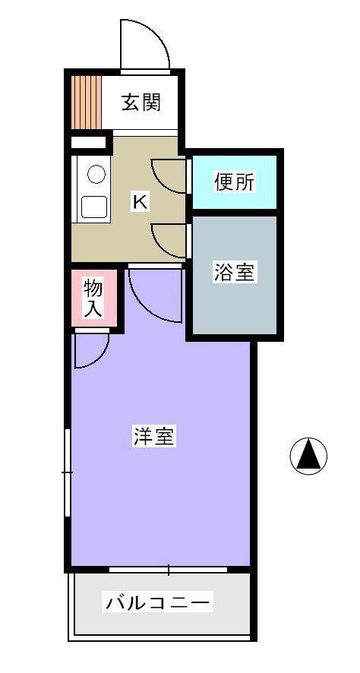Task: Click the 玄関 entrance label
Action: point(141,103)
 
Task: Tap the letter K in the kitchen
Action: point(140,201)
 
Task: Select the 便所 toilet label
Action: point(234,182)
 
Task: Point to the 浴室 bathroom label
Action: point(234,273)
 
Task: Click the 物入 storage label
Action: point(93,299)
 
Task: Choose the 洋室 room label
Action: point(153,437)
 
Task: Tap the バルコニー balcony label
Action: point(158,602)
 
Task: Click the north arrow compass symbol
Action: point(308,456)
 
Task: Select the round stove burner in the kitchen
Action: point(96,174)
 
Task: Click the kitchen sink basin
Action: point(94,207)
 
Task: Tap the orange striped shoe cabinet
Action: point(87,103)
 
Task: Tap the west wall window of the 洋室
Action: point(68,472)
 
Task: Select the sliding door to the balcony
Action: point(168,570)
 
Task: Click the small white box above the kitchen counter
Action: point(88,142)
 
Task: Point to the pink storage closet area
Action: point(94,299)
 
